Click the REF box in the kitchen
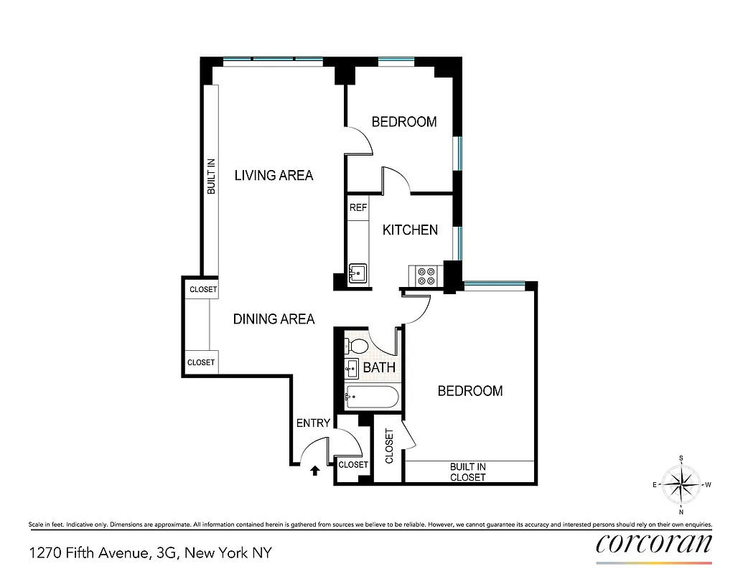pyautogui.click(x=358, y=207)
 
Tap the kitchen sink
pyautogui.click(x=358, y=274)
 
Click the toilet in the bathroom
pyautogui.click(x=355, y=346)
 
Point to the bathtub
pyautogui.click(x=371, y=397)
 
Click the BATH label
pyautogui.click(x=379, y=368)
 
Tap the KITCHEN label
pyautogui.click(x=410, y=230)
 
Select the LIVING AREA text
pyautogui.click(x=274, y=175)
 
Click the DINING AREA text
pyautogui.click(x=274, y=319)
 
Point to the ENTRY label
pyautogui.click(x=313, y=423)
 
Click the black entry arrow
pyautogui.click(x=314, y=471)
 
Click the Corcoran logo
pyautogui.click(x=654, y=544)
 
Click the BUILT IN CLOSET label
pyautogui.click(x=468, y=472)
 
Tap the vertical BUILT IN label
pyautogui.click(x=211, y=177)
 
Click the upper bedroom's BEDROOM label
pyautogui.click(x=404, y=122)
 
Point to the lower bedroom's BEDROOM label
pyautogui.click(x=470, y=391)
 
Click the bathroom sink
pyautogui.click(x=352, y=370)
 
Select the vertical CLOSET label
pyautogui.click(x=390, y=446)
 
